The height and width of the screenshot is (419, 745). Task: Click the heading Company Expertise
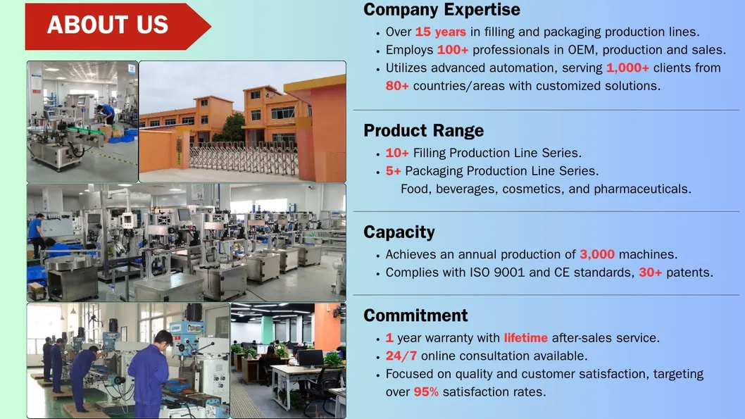442,10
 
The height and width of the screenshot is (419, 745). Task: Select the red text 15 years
440,32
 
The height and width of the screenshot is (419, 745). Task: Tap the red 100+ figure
453,50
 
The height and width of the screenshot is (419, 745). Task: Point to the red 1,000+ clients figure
627,68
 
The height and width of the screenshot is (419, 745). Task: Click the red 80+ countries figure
397,86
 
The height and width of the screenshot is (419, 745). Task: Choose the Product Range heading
423,131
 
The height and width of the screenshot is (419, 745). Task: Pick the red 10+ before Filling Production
397,153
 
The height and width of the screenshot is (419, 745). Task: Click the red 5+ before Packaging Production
393,171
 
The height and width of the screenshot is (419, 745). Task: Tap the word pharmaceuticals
642,189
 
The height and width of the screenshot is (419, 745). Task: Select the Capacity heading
399,232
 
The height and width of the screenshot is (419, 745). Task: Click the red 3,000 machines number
597,254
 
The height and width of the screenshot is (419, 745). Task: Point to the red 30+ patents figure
650,273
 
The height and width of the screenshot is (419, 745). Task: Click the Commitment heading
415,315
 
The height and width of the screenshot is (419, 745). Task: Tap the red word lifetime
525,338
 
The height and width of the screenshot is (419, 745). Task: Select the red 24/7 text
401,356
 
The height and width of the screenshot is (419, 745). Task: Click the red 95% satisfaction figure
426,392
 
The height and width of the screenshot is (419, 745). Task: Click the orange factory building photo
242,122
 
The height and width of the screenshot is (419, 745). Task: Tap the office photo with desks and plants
288,361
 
